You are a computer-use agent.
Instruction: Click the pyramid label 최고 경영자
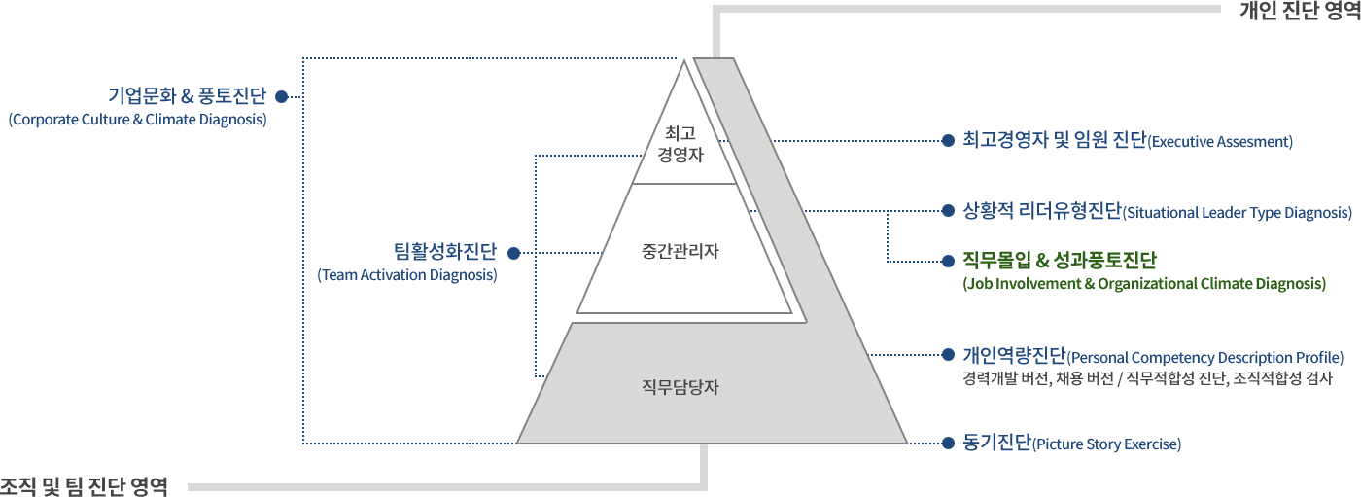(680, 144)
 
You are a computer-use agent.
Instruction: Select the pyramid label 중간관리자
(680, 251)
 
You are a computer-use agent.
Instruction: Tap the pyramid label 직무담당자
(680, 387)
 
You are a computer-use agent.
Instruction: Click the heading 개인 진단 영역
(1300, 11)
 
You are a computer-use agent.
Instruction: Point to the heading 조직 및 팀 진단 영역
(84, 486)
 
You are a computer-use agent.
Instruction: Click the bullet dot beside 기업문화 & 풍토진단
(281, 96)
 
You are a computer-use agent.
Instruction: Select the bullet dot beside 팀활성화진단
(514, 253)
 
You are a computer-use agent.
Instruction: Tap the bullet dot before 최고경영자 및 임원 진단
(948, 141)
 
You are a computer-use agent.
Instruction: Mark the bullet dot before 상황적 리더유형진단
(948, 211)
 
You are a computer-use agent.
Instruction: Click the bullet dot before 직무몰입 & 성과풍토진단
(948, 262)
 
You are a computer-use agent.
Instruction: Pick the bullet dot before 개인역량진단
(948, 354)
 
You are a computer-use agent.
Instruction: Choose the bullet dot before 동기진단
(948, 444)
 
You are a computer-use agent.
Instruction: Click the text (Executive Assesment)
(1220, 142)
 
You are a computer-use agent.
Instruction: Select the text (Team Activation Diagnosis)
(407, 275)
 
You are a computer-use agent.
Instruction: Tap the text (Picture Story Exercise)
(1107, 444)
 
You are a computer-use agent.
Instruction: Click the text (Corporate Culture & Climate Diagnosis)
(137, 119)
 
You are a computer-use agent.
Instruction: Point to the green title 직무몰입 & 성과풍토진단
(1060, 260)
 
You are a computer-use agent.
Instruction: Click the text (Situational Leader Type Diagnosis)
(1237, 213)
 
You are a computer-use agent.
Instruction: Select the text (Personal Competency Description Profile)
(1205, 357)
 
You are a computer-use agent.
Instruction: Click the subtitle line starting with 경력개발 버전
(1148, 378)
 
